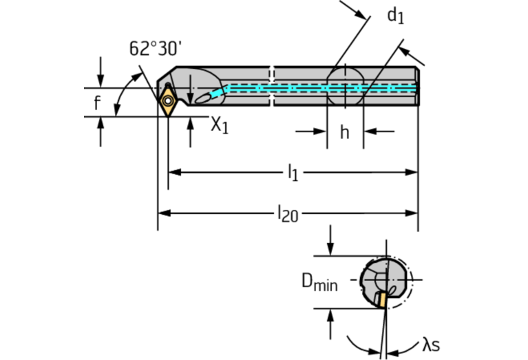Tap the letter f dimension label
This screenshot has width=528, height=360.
(97, 104)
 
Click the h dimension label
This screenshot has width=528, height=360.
(344, 131)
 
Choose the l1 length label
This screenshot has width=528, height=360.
(293, 173)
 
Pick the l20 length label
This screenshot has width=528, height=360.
(287, 213)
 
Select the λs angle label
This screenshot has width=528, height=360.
(431, 344)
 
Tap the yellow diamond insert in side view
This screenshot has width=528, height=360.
(168, 101)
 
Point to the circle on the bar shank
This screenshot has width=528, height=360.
(344, 87)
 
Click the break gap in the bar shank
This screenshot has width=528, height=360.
(271, 87)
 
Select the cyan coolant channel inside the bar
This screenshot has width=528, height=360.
(317, 88)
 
